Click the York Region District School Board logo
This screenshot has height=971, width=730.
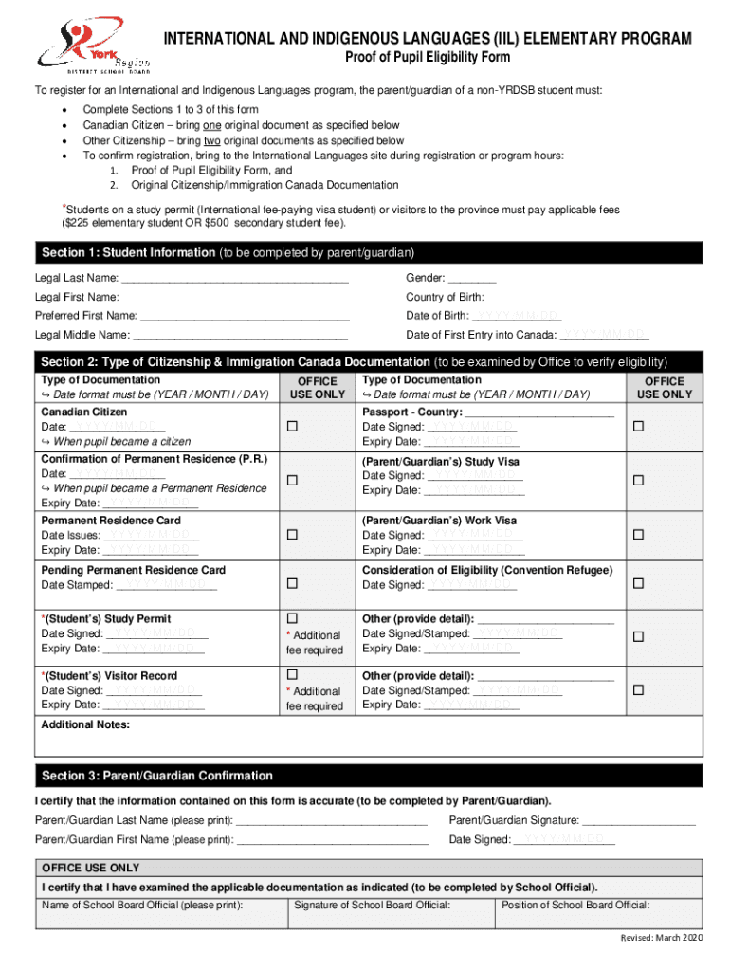[92, 47]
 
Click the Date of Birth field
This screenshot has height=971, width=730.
[517, 316]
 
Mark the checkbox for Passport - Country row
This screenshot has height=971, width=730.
[638, 427]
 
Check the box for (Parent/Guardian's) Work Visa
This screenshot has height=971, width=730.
[638, 535]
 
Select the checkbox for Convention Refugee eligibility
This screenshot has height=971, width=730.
[638, 581]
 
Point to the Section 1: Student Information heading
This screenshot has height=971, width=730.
[128, 253]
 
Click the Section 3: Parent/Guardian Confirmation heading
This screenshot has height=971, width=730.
[156, 776]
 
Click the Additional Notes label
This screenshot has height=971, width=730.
[85, 725]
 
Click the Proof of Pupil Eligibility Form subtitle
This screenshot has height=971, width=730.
[426, 58]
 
